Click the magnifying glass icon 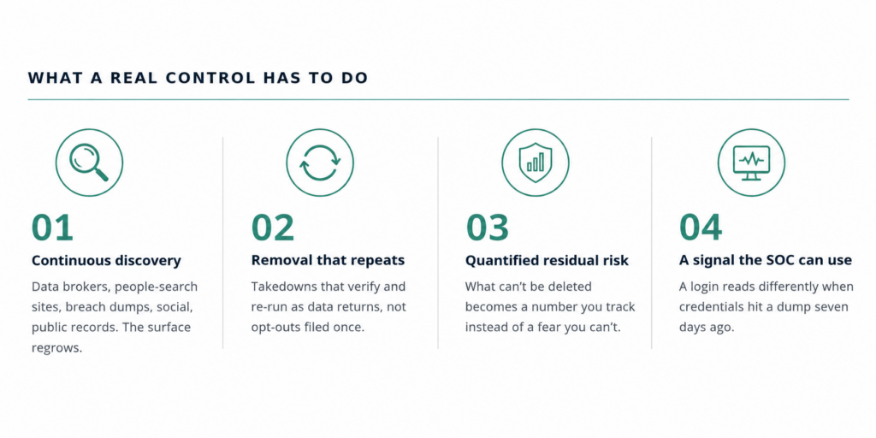89,162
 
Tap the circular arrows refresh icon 320,163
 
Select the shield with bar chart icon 536,159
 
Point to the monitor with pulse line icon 751,163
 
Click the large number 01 52,228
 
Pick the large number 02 273,228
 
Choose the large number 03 488,228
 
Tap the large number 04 701,228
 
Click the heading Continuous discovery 106,260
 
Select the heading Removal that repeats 328,260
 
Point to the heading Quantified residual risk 547,260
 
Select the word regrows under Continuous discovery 57,348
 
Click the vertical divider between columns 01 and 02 223,243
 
